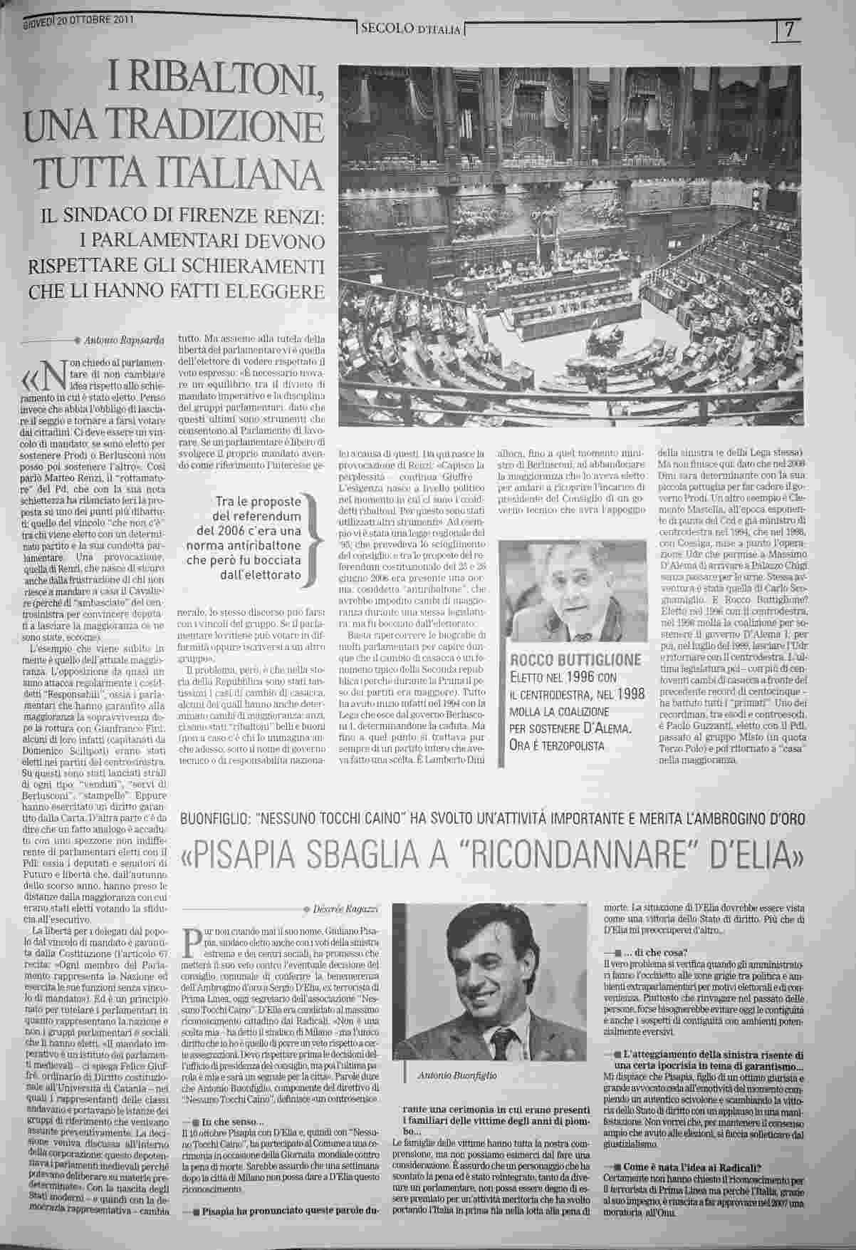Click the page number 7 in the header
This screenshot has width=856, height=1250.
click(x=790, y=31)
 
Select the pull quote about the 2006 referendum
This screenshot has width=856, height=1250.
click(x=249, y=538)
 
